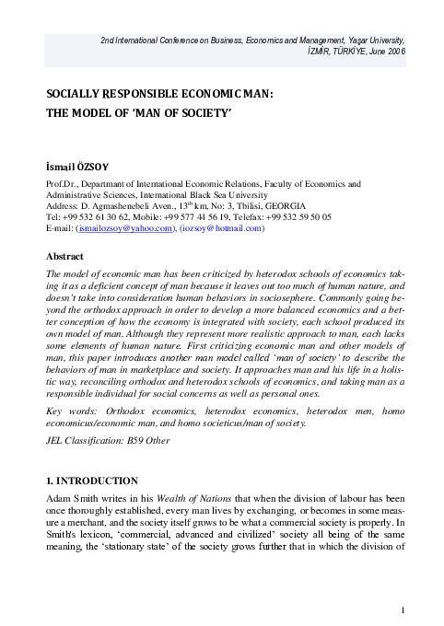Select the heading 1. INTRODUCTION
92,480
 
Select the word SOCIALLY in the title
75,94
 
